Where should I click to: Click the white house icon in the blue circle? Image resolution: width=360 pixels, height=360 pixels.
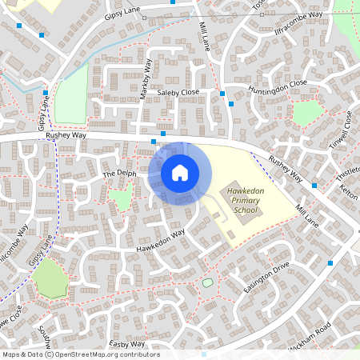click(180, 173)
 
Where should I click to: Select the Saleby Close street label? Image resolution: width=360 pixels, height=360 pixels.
click(178, 93)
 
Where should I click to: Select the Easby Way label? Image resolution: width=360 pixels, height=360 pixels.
click(127, 344)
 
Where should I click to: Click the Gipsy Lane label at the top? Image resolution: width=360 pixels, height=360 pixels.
click(122, 17)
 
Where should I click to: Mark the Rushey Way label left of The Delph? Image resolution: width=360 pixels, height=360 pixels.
click(66, 136)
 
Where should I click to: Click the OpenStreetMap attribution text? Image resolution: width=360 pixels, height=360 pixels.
click(81, 354)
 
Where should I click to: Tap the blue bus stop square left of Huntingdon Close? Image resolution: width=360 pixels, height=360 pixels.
click(231, 104)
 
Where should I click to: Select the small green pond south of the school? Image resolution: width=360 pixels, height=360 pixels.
click(208, 282)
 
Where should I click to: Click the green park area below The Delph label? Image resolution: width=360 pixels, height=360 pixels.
click(120, 198)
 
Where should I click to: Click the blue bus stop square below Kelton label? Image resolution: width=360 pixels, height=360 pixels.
click(314, 186)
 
